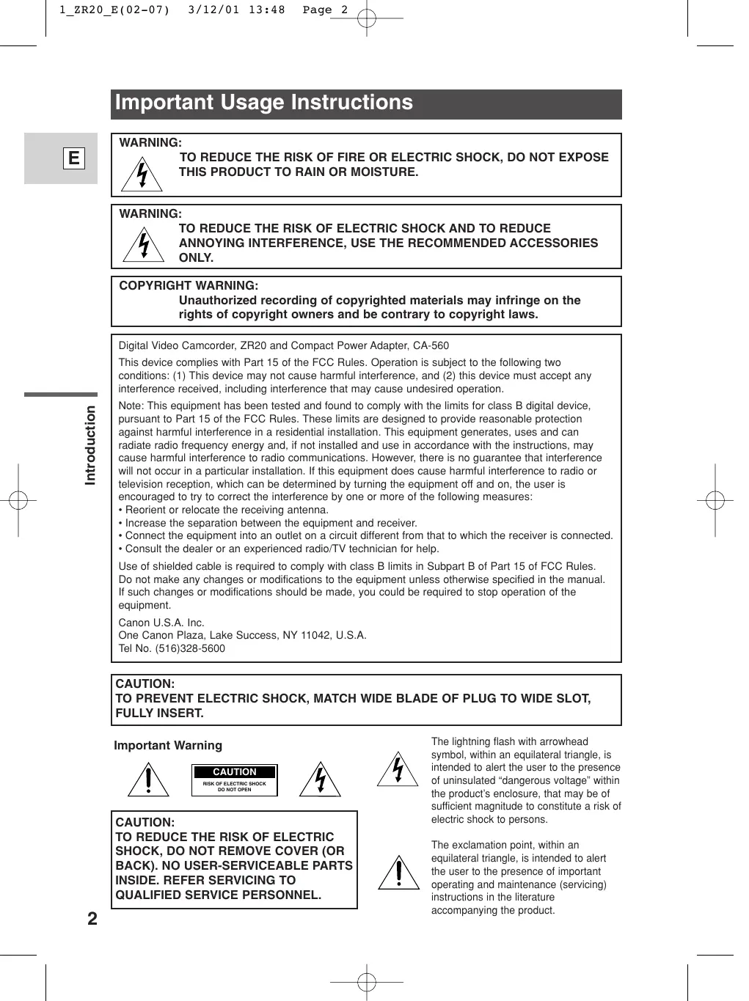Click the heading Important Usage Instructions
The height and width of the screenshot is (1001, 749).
pyautogui.click(x=264, y=103)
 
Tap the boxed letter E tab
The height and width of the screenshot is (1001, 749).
pyautogui.click(x=73, y=158)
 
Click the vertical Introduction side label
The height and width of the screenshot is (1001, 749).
pyautogui.click(x=90, y=444)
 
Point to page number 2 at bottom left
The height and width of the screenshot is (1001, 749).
pyautogui.click(x=92, y=919)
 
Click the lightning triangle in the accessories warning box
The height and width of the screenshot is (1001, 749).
pyautogui.click(x=144, y=246)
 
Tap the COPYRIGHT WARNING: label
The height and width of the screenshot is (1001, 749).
pyautogui.click(x=189, y=285)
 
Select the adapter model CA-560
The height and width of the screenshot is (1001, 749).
pyautogui.click(x=431, y=346)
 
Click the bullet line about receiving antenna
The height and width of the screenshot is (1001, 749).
pyautogui.click(x=224, y=510)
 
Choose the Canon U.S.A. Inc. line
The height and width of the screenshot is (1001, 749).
pyautogui.click(x=161, y=623)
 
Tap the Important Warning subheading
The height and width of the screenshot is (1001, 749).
pyautogui.click(x=168, y=746)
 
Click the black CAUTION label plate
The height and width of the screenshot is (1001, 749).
pyautogui.click(x=235, y=772)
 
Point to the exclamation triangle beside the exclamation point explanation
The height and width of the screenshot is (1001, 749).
pyautogui.click(x=398, y=873)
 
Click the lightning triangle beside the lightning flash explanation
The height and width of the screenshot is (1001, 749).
pyautogui.click(x=397, y=770)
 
